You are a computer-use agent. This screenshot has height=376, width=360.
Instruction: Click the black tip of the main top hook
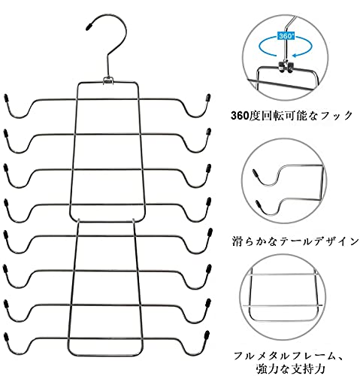coord(89,27)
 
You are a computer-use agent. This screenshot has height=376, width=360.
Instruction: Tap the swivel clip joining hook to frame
coord(107,80)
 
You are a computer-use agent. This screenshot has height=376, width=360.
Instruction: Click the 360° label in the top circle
coord(286,36)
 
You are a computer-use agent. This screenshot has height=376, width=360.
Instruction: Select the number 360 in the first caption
coord(240,116)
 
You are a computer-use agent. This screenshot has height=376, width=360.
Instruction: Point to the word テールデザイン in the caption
coord(319,241)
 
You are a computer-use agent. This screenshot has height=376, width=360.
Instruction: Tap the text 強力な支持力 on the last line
coord(290,368)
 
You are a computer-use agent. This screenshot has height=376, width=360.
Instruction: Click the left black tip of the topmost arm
coord(6,98)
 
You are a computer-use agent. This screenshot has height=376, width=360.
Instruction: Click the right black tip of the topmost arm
coord(208,98)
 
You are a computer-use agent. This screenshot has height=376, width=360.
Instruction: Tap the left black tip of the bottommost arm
coord(6,337)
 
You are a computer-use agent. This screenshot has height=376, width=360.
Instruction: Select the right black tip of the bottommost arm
coord(207,335)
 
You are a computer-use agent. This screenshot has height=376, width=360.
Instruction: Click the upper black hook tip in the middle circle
coord(255,173)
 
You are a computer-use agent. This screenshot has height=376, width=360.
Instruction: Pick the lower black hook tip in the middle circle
coord(258,203)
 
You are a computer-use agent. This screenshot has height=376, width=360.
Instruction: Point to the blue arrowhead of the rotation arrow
coord(296,55)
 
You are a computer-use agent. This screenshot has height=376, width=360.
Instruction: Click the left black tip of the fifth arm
coord(6,235)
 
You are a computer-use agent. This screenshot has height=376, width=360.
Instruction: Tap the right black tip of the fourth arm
coord(208,202)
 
